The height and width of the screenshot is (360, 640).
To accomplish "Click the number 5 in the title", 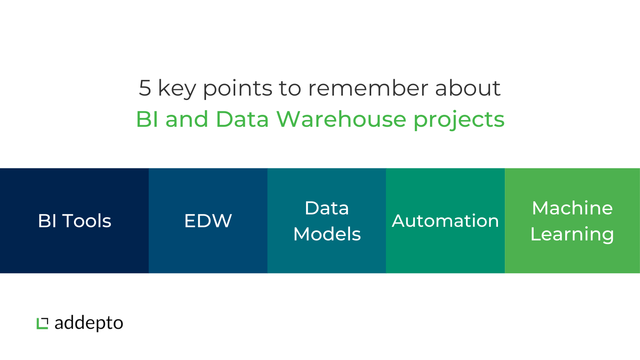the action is [145, 88].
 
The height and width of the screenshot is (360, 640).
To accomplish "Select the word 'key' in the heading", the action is [177, 89].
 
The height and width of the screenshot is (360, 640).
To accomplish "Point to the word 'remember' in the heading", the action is [368, 88].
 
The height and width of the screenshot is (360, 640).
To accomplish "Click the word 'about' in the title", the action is [468, 88].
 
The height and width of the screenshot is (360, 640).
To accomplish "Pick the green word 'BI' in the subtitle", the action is [147, 119].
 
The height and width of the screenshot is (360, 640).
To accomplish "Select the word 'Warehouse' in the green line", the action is [341, 119].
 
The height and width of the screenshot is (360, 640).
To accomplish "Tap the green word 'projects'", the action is [459, 120].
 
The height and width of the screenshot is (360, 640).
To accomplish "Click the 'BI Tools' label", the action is [74, 221].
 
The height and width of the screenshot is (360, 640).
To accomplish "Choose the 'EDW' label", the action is [208, 221].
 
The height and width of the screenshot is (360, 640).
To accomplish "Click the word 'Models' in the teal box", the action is [327, 234].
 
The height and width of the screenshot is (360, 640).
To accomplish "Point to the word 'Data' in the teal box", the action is [327, 208].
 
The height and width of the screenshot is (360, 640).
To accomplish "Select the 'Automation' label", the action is [446, 221].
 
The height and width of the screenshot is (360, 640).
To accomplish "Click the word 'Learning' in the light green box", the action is [572, 234].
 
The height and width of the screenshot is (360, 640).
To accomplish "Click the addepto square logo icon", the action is [42, 324].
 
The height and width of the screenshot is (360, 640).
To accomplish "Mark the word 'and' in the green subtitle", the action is [187, 119].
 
